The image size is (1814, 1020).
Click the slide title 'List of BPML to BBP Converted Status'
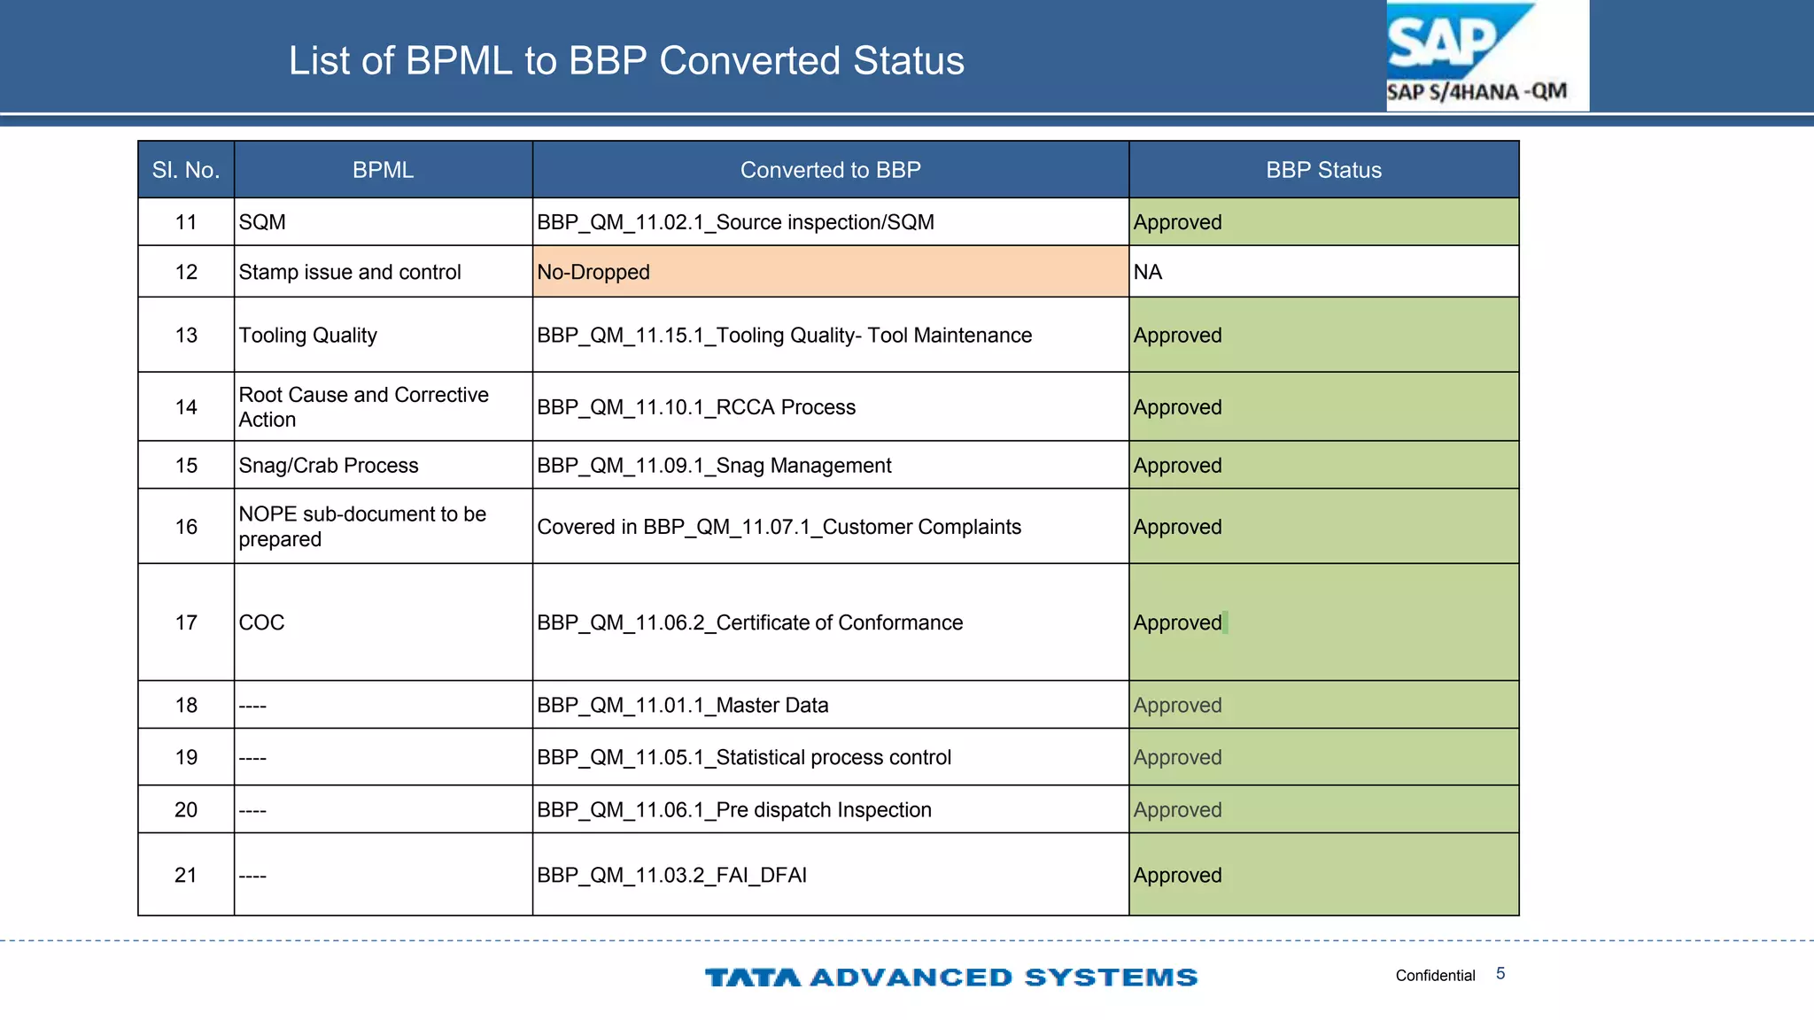point(626,61)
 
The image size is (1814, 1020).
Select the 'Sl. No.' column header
point(186,170)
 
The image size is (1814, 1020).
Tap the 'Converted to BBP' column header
point(830,170)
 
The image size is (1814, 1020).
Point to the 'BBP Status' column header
point(1323,170)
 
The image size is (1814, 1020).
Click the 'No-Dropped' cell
point(593,272)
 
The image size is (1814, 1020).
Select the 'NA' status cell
point(1148,272)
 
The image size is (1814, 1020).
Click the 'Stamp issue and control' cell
point(350,272)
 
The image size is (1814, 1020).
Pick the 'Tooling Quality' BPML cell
point(308,336)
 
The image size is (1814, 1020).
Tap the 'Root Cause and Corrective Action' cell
point(363,407)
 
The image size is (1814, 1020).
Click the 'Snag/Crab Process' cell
point(329,466)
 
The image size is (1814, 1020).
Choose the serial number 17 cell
point(186,622)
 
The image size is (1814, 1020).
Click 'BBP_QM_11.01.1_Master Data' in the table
point(683,705)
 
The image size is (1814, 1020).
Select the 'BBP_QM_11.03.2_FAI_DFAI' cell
point(672,875)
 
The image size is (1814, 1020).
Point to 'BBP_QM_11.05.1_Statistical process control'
point(744,757)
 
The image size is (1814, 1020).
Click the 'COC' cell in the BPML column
point(262,622)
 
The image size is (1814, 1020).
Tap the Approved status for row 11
point(1178,222)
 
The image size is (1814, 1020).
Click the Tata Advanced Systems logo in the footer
point(951,977)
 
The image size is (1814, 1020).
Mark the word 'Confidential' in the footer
point(1435,976)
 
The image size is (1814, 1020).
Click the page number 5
point(1500,974)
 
